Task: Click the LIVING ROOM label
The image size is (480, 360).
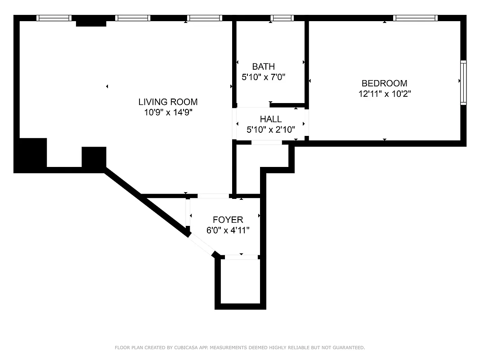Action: [x=168, y=102]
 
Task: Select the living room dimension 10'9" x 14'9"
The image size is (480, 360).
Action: [x=168, y=112]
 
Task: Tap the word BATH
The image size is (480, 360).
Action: [x=263, y=67]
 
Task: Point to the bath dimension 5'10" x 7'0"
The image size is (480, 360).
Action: [x=264, y=77]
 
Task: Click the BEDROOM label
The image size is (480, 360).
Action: [x=384, y=83]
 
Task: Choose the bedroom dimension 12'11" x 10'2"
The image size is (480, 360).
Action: [x=384, y=94]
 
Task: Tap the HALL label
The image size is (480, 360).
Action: [x=271, y=119]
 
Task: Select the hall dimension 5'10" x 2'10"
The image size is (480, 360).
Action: [x=271, y=130]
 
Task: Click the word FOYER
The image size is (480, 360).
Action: [x=228, y=220]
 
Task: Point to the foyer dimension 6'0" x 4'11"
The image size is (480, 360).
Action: [x=228, y=230]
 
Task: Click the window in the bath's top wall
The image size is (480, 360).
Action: [x=282, y=18]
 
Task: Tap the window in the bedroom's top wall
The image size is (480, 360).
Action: [x=415, y=18]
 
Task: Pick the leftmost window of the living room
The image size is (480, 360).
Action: [x=54, y=18]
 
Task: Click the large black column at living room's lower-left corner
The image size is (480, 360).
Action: [x=31, y=154]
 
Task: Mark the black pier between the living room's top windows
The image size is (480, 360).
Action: [x=91, y=21]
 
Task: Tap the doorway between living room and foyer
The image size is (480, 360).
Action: [x=213, y=196]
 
